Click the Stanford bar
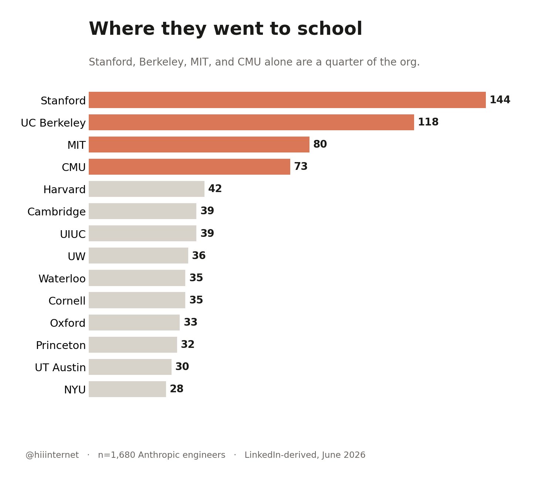(287, 100)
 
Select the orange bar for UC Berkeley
(251, 122)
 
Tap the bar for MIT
(199, 145)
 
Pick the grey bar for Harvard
(147, 189)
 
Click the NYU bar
(127, 389)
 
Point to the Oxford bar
(134, 322)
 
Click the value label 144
(500, 100)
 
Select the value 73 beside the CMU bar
(301, 167)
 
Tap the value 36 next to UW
(199, 255)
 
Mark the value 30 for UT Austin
(182, 366)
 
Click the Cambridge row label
(57, 212)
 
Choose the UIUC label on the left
(73, 234)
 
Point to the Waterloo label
(62, 279)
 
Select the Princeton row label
(61, 345)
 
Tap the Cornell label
(67, 301)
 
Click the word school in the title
(330, 28)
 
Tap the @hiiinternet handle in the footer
(52, 455)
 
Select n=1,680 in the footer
(116, 455)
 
